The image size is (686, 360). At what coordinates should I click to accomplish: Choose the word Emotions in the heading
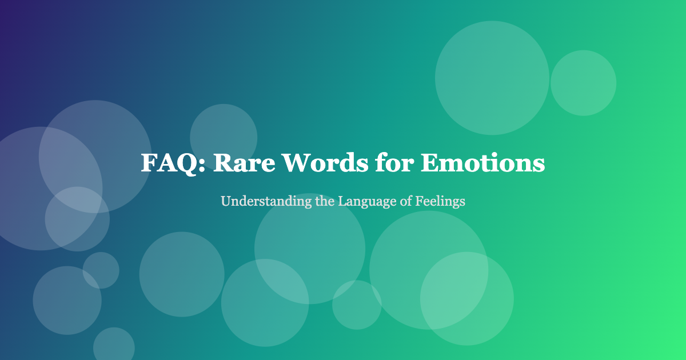pyautogui.click(x=483, y=163)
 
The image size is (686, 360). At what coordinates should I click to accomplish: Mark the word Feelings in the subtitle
pyautogui.click(x=444, y=202)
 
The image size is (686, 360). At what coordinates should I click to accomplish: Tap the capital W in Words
pyautogui.click(x=294, y=163)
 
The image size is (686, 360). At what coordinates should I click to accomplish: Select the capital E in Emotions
pyautogui.click(x=430, y=163)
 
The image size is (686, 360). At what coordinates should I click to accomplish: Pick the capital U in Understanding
pyautogui.click(x=225, y=202)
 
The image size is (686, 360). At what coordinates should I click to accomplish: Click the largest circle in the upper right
pyautogui.click(x=492, y=78)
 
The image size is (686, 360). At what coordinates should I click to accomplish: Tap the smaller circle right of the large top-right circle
pyautogui.click(x=583, y=83)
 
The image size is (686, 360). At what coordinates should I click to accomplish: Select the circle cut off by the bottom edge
pyautogui.click(x=114, y=346)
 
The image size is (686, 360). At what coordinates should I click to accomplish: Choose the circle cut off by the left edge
pyautogui.click(x=34, y=189)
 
